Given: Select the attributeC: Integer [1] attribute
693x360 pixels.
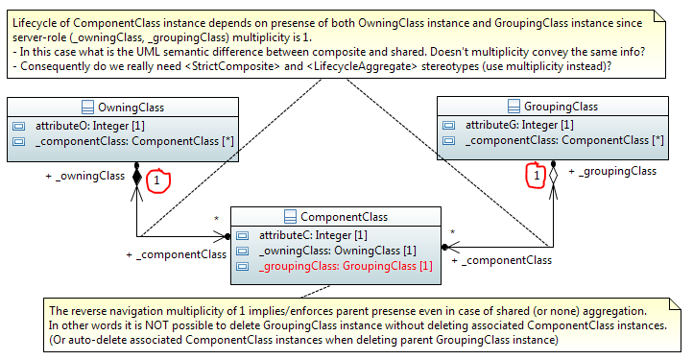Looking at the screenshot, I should [312, 235].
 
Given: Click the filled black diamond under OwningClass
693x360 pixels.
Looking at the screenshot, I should [137, 179].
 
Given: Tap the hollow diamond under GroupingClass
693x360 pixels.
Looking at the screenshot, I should [552, 179].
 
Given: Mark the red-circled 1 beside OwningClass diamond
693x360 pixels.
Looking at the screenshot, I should [158, 180].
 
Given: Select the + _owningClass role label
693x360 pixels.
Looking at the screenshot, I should [85, 175].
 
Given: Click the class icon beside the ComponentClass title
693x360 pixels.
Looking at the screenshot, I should [290, 217].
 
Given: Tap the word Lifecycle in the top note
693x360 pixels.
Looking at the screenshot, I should [38, 20].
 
